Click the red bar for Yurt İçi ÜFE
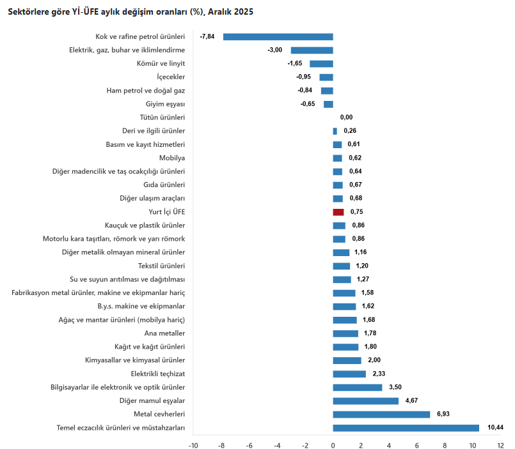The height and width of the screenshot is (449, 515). [338, 212]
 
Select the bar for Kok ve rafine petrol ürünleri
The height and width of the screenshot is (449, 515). [278, 36]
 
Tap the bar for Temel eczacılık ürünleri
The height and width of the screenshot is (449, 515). [406, 428]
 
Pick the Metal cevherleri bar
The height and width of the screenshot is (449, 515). [381, 415]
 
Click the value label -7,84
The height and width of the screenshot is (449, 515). [207, 36]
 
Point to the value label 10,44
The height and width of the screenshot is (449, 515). [496, 428]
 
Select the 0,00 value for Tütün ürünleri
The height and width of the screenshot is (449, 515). [346, 118]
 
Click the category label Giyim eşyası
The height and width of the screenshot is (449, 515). [166, 104]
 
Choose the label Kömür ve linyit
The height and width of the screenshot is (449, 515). [161, 64]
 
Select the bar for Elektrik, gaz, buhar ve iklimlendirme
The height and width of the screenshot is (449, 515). [312, 50]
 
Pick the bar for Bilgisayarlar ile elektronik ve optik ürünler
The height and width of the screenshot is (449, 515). [358, 388]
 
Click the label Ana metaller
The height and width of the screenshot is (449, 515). [166, 333]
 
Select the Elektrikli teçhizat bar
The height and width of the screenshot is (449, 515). [349, 374]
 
